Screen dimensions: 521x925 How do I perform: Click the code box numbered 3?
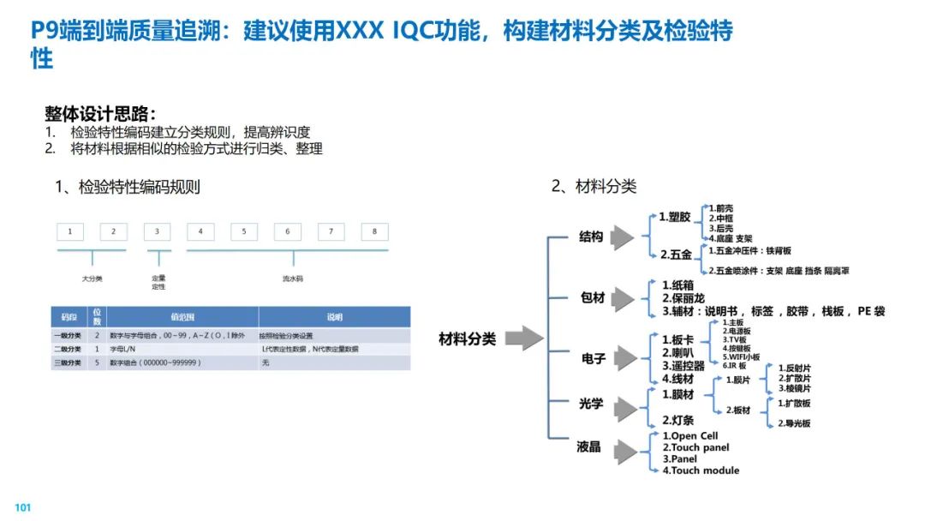(x=157, y=231)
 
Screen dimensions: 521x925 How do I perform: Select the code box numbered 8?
(x=374, y=231)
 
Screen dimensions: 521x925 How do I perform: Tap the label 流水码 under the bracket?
(x=293, y=278)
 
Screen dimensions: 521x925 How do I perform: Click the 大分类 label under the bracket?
(x=92, y=278)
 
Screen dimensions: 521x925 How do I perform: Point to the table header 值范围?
(x=182, y=317)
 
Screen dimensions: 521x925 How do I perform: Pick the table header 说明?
(x=333, y=317)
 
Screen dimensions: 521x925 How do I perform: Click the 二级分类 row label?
(x=71, y=350)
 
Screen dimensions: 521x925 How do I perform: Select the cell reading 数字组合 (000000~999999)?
(x=155, y=363)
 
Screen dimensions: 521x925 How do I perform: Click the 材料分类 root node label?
(x=467, y=339)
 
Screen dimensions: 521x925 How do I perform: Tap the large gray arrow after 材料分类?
(x=524, y=338)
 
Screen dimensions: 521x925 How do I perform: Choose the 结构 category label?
(x=592, y=237)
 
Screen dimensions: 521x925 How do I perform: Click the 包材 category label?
(x=593, y=298)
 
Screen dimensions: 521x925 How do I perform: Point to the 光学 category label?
(x=591, y=404)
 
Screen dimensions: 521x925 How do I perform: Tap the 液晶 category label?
(x=589, y=446)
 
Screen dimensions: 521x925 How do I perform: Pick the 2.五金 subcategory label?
(x=676, y=255)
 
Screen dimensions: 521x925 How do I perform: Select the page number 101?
(x=23, y=508)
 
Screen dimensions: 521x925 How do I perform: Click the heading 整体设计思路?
(x=100, y=113)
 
